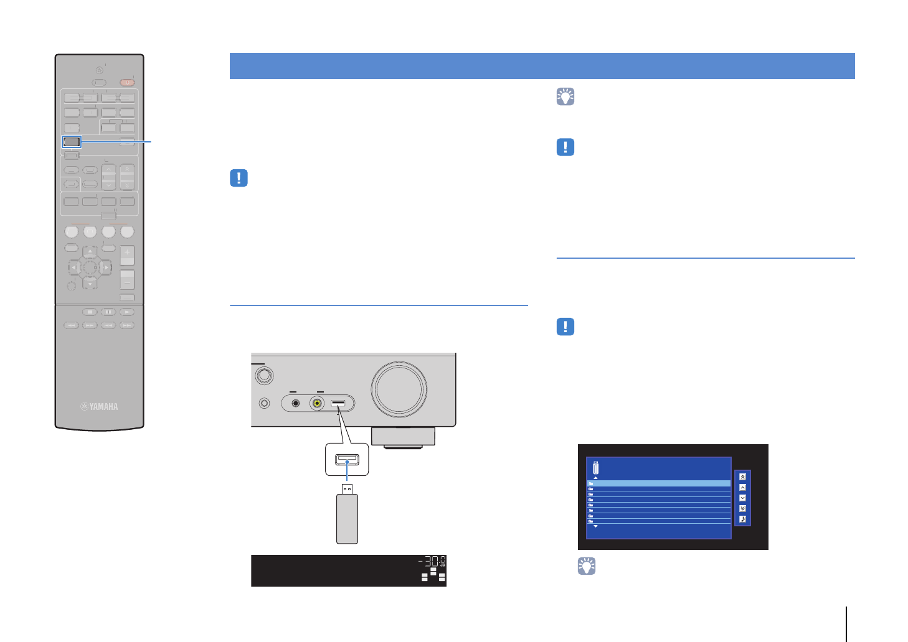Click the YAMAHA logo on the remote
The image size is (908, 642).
(x=100, y=407)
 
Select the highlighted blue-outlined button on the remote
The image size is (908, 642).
(x=72, y=142)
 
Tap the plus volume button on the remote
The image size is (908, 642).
(x=127, y=254)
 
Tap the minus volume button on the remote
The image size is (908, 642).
(x=127, y=281)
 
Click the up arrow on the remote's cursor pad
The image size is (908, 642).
(x=90, y=252)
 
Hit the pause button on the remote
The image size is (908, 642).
(x=108, y=312)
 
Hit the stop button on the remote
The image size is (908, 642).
(x=90, y=312)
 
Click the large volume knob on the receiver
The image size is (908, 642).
(x=399, y=389)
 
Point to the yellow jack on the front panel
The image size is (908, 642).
(x=318, y=403)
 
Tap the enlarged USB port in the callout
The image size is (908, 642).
(x=347, y=460)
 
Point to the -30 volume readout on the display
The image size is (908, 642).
(x=431, y=562)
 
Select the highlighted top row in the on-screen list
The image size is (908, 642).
(x=659, y=483)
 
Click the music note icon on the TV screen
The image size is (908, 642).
(x=742, y=519)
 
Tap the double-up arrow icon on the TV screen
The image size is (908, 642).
(x=742, y=477)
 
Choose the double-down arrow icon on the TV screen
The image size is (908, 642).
(x=742, y=508)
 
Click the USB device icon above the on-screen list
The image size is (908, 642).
(x=595, y=468)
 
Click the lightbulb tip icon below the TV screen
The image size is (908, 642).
(x=587, y=565)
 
